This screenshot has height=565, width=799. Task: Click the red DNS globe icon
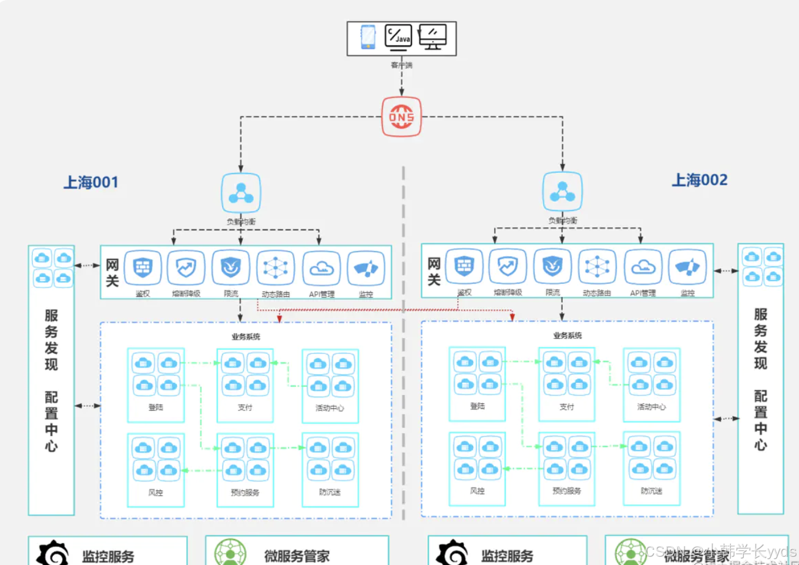pos(401,116)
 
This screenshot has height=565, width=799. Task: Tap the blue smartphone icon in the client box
pos(368,37)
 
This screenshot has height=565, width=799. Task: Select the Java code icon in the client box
pos(398,36)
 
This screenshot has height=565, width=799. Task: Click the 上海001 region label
pos(91,182)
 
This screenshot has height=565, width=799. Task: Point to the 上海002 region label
pos(699,180)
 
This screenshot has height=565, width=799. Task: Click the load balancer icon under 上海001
pos(241,193)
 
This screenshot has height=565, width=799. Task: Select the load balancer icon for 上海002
pos(562,191)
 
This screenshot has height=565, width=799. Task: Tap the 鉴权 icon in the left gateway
pos(143,268)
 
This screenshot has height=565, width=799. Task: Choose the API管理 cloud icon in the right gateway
pos(643,267)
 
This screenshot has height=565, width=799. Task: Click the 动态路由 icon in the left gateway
pos(276,268)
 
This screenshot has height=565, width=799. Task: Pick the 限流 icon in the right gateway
pos(552,266)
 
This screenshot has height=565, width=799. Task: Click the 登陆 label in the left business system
pos(156,407)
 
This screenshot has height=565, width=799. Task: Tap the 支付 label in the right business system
pos(566,406)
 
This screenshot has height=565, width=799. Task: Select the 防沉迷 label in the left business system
pos(330,492)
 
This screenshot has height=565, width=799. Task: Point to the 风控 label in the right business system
pos(477,490)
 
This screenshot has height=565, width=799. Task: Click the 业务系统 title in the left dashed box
pos(246,337)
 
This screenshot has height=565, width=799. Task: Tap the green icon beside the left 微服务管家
pos(230,553)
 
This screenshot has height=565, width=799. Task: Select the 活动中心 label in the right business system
pos(651,406)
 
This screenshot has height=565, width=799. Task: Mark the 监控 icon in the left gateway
pos(365,268)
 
